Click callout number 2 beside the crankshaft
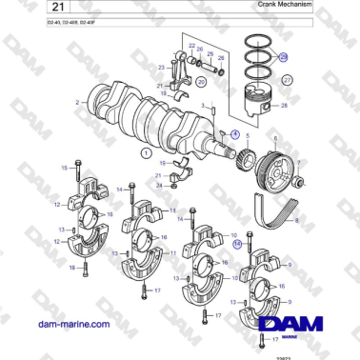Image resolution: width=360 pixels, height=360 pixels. click(76, 100)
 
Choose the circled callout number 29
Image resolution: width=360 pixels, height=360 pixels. click(283, 58)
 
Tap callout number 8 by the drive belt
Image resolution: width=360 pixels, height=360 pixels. click(296, 221)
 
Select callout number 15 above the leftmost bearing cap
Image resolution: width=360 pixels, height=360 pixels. click(64, 168)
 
